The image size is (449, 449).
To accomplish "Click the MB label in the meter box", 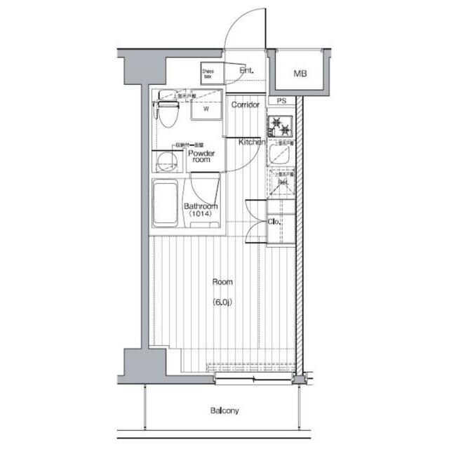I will point(300,73).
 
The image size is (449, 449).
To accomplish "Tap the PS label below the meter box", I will point(281,101).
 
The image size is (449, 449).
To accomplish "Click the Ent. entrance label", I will point(246,71).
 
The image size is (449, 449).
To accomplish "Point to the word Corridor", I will point(246,105).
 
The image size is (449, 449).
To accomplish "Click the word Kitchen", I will point(251,142).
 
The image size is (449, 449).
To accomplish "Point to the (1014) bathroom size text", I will point(201,215).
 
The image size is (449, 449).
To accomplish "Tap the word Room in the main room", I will point(223,282).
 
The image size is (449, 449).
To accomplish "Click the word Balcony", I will point(224,411).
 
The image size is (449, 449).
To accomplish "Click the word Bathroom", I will point(201,206).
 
